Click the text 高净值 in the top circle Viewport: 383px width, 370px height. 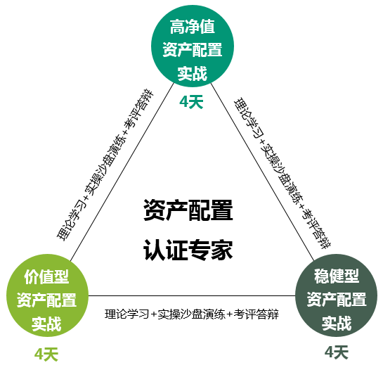pyautogui.click(x=193, y=27)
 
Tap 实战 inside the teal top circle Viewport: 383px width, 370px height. pyautogui.click(x=193, y=73)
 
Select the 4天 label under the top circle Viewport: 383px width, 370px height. pyautogui.click(x=191, y=102)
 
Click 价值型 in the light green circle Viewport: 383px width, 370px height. pyautogui.click(x=46, y=276)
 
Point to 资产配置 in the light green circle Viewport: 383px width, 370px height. pyautogui.click(x=46, y=300)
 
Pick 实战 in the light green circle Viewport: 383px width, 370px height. pyautogui.click(x=46, y=324)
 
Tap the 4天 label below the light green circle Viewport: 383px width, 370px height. pyautogui.click(x=46, y=355)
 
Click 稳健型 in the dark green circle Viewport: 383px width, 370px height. pyautogui.click(x=337, y=276)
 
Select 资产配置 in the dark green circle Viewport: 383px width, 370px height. pyautogui.click(x=337, y=300)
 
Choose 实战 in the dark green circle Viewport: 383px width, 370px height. pyautogui.click(x=337, y=323)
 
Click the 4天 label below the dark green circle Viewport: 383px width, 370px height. pyautogui.click(x=337, y=352)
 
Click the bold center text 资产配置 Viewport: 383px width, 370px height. pyautogui.click(x=188, y=210)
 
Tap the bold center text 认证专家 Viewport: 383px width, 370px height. pyautogui.click(x=188, y=250)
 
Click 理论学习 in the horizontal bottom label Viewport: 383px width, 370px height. pyautogui.click(x=126, y=314)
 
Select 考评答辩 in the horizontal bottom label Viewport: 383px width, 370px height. pyautogui.click(x=257, y=314)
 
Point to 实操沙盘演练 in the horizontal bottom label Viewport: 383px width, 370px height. pyautogui.click(x=191, y=314)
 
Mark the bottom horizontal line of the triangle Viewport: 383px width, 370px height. pyautogui.click(x=192, y=295)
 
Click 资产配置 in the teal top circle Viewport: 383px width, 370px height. pyautogui.click(x=193, y=50)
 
